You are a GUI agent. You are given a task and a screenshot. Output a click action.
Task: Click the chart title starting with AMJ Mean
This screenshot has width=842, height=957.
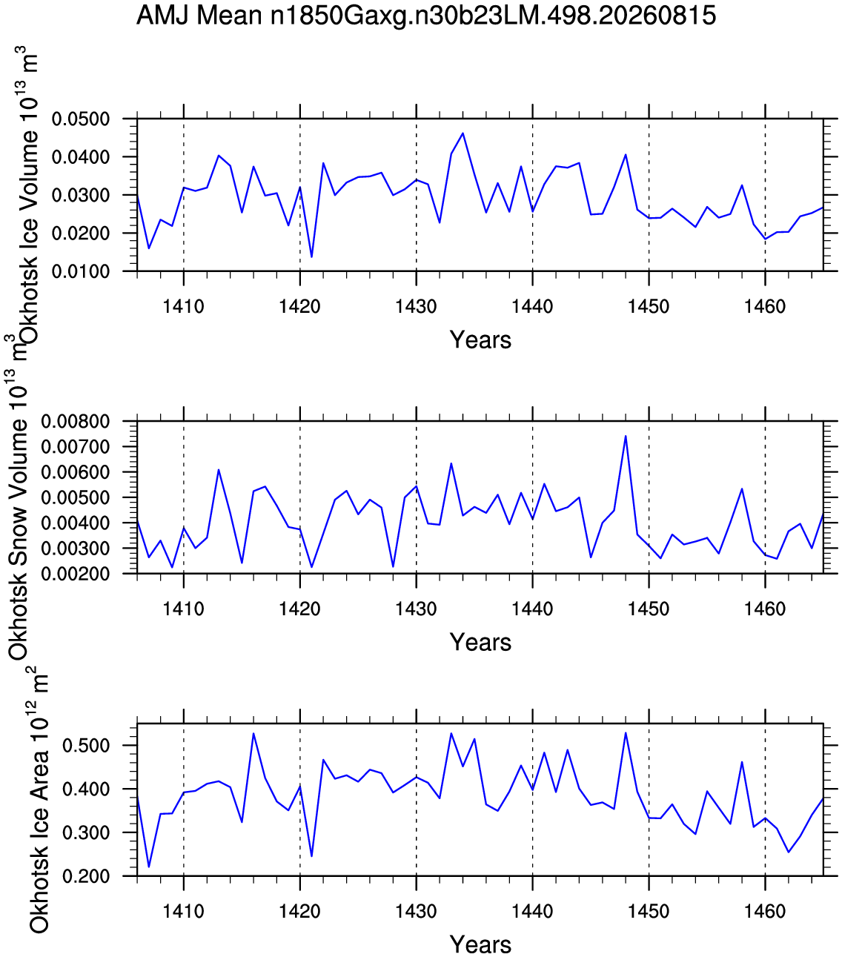pos(425,16)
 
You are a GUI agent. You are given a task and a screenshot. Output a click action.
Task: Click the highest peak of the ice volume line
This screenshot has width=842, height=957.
pos(463,133)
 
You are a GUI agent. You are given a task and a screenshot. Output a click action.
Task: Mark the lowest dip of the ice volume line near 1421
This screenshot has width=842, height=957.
pos(312,257)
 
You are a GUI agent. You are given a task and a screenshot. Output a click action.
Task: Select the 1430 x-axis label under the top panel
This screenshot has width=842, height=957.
pos(416,307)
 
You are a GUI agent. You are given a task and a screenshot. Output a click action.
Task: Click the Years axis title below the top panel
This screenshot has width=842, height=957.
pos(480,340)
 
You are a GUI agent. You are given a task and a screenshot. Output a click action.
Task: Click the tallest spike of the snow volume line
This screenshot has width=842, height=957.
pos(626,436)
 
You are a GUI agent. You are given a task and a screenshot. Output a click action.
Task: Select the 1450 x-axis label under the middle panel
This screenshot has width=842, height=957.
pos(649,609)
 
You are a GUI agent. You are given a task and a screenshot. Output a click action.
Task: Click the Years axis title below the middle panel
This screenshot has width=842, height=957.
pos(480,642)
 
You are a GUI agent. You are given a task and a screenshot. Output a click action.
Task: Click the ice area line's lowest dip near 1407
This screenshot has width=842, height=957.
pos(149,867)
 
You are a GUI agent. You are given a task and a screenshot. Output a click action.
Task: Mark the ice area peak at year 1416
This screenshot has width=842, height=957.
pos(253,734)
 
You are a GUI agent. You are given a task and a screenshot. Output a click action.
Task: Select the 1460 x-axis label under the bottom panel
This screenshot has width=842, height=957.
pos(765,911)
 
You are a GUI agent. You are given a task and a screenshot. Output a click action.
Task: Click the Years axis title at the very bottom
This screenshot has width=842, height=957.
pos(480,944)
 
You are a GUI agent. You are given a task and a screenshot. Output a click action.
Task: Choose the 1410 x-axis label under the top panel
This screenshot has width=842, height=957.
pos(183,307)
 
